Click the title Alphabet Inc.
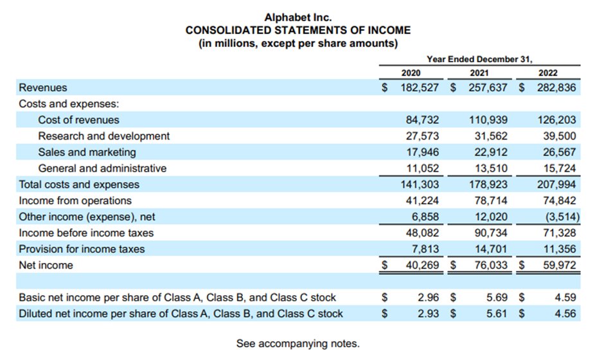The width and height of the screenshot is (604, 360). click(x=298, y=17)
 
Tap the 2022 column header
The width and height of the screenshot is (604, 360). click(x=548, y=73)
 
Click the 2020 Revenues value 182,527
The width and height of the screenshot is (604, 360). click(x=420, y=87)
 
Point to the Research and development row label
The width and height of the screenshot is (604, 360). click(x=103, y=136)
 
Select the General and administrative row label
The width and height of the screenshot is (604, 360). click(x=102, y=168)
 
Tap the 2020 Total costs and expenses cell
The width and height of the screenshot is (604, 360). click(x=420, y=184)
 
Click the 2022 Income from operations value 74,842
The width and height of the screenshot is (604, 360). click(x=557, y=201)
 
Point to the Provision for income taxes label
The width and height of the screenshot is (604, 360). click(x=82, y=249)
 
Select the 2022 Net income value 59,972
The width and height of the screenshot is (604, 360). click(x=557, y=265)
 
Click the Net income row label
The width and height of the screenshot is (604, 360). click(x=46, y=265)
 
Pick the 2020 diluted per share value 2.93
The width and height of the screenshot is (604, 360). click(x=427, y=314)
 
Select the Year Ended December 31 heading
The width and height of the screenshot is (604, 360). click(x=479, y=59)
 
